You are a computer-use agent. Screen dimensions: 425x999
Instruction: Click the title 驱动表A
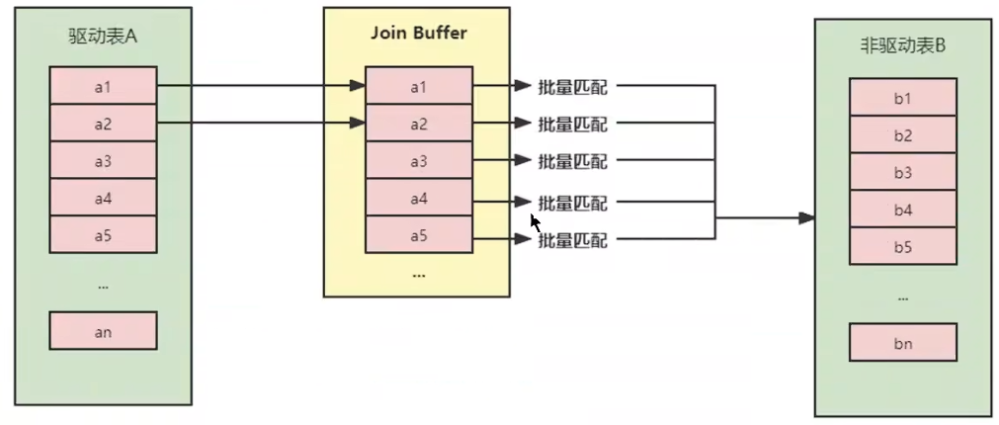click(x=103, y=42)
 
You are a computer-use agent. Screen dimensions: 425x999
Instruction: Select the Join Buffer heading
click(x=417, y=33)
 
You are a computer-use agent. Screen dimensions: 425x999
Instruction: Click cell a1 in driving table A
click(x=103, y=86)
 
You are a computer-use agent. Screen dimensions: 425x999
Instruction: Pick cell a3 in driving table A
click(x=103, y=160)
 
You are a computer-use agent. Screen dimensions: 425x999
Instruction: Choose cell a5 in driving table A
click(x=103, y=234)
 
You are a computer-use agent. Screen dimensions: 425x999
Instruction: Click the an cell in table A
click(x=103, y=331)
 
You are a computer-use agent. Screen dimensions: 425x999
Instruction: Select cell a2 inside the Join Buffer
click(x=418, y=124)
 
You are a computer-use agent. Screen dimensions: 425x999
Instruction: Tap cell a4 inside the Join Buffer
click(x=418, y=198)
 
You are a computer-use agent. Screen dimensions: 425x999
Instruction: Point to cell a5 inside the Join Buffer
click(x=418, y=235)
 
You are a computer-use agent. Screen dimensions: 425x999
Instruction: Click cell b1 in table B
click(x=902, y=98)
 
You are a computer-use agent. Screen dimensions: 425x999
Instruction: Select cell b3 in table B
click(x=902, y=172)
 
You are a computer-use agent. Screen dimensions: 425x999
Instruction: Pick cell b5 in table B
click(x=902, y=247)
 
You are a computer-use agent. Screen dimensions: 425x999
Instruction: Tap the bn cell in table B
click(x=902, y=343)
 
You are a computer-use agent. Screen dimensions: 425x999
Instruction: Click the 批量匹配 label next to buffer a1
click(x=572, y=87)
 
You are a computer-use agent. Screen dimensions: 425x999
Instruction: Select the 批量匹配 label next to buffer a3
click(x=572, y=161)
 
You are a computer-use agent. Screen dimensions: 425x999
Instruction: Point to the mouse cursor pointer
click(x=535, y=221)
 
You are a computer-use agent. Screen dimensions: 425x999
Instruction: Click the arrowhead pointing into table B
click(x=807, y=217)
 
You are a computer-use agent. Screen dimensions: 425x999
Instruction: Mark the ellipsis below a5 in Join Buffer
click(x=418, y=274)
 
